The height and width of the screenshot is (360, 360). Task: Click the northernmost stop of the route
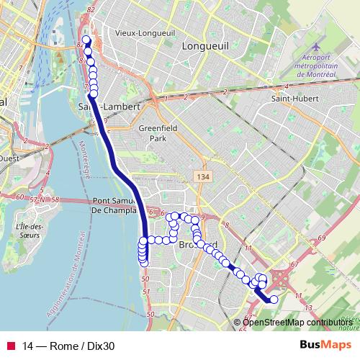pos(86,40)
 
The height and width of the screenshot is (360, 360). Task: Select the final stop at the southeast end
pos(274,300)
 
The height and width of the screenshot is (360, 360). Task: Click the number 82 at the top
pos(91,9)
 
